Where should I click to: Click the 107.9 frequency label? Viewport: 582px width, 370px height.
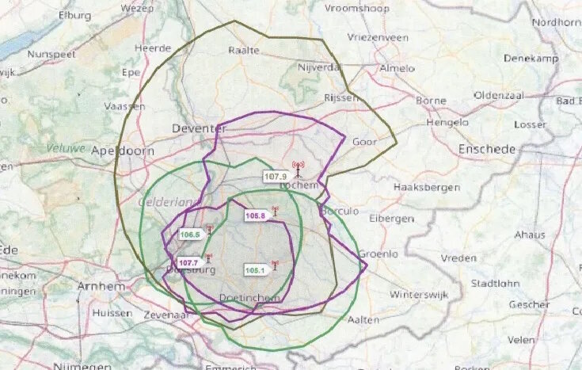(275, 177)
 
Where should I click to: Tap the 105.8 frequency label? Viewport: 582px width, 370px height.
(255, 216)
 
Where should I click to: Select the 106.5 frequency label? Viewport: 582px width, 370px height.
(190, 235)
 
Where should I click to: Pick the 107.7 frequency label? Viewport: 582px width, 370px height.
(188, 262)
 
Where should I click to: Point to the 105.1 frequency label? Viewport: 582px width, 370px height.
(254, 270)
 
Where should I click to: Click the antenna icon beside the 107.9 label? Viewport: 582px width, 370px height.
(298, 170)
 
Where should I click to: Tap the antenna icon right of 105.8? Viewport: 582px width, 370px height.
(275, 212)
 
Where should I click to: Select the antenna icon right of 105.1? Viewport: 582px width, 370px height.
(275, 266)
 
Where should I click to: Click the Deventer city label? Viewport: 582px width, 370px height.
(195, 128)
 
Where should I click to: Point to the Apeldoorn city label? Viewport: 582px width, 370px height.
(122, 150)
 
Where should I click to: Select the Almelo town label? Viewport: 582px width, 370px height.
(397, 69)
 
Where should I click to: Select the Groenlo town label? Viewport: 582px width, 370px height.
(378, 254)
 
